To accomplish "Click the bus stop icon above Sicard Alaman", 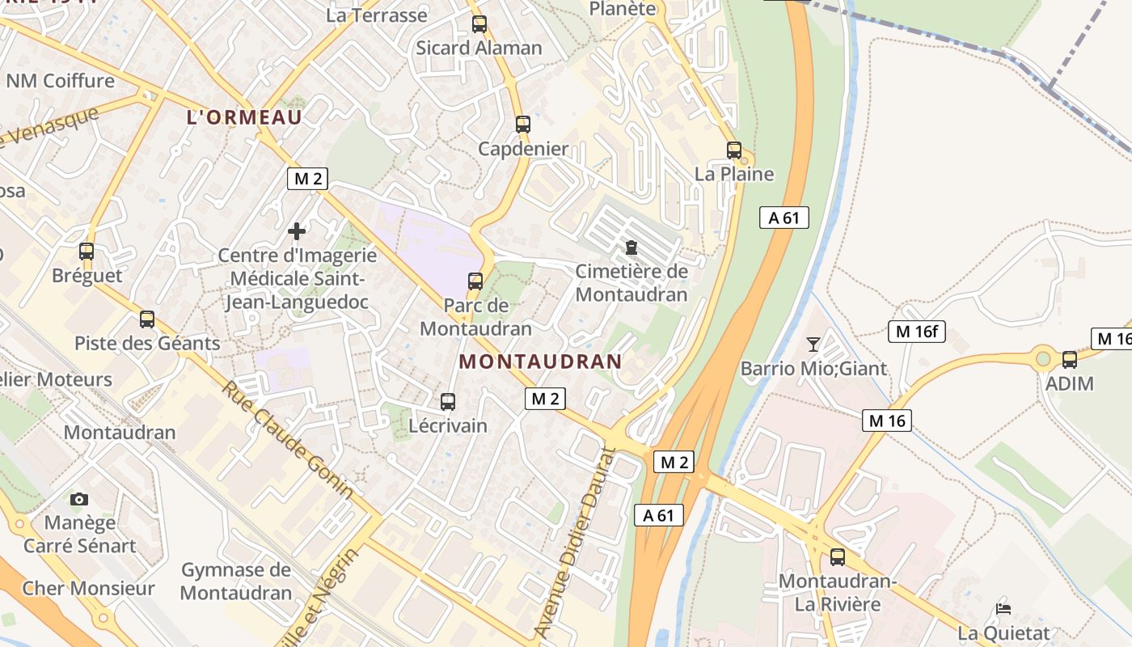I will [479, 24].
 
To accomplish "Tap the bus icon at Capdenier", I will [523, 125].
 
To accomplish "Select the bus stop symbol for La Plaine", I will [734, 150].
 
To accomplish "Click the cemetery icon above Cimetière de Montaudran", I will [631, 247].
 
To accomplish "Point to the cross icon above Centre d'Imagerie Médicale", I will [297, 231].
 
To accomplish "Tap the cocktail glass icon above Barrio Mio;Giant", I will [813, 345].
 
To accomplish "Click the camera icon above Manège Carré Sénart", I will [79, 499].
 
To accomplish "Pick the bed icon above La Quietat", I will [1003, 608].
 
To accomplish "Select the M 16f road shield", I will [917, 331].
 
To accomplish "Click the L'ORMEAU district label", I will [244, 117].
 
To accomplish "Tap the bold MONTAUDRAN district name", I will [541, 362].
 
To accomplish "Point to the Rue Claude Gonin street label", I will [288, 438].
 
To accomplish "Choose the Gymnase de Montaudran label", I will [235, 581].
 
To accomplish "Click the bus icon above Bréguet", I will [87, 252].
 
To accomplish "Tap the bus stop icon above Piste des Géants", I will [147, 319].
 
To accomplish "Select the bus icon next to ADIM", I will [1070, 360].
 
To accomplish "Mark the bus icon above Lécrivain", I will [448, 401].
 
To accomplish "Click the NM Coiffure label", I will [61, 81].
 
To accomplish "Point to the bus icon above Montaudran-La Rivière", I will [838, 557].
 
